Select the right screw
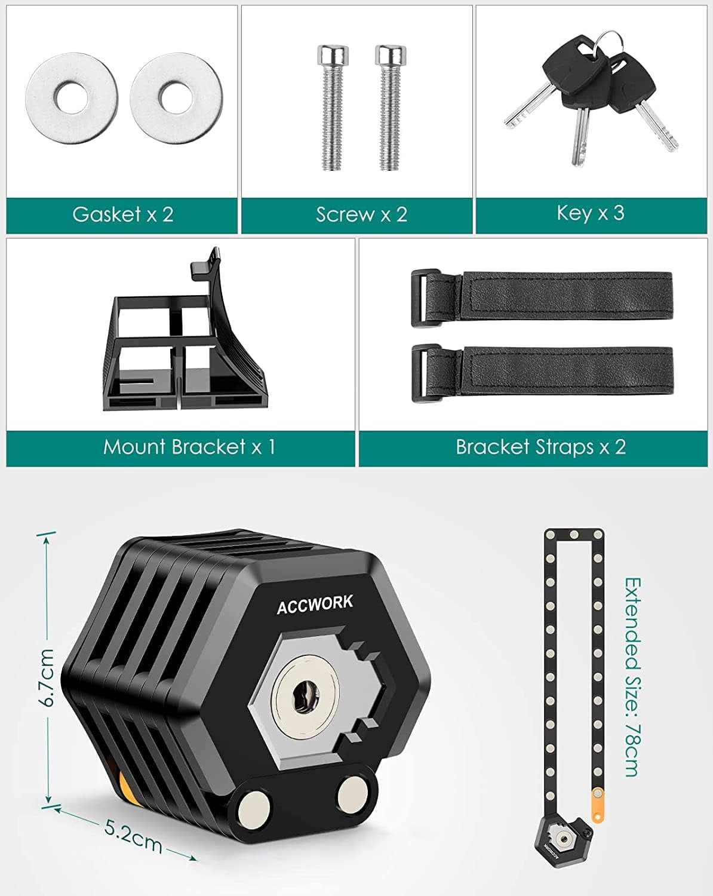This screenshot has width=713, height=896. tap(391, 108)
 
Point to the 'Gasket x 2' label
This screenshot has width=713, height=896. tap(123, 214)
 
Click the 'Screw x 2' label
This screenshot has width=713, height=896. tap(361, 214)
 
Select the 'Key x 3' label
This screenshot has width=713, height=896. tap(591, 213)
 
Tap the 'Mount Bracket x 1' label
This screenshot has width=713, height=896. tap(189, 447)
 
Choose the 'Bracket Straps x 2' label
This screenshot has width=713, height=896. tap(540, 447)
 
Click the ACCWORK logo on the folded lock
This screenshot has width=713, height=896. tap(315, 604)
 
